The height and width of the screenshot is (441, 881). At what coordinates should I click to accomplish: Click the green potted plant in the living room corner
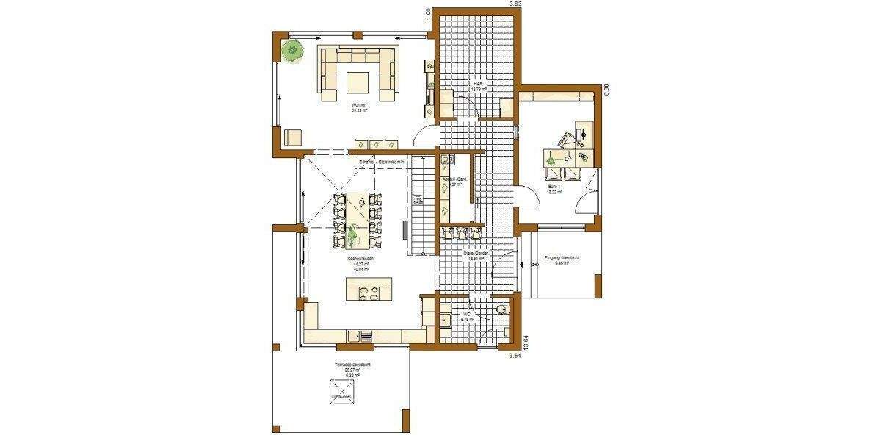[x=293, y=51]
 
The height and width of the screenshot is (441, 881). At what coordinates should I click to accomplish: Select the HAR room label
[x=478, y=84]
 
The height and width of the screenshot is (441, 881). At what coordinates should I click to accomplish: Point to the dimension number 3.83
[x=516, y=4]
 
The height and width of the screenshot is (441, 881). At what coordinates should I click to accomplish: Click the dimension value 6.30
[x=606, y=90]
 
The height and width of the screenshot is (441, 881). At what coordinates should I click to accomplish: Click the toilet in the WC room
[x=501, y=309]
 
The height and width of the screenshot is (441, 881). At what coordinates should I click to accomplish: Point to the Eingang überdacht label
[x=563, y=258]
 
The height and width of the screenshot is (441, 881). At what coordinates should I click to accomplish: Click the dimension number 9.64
[x=519, y=357]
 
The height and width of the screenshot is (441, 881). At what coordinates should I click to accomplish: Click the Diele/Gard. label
[x=477, y=254]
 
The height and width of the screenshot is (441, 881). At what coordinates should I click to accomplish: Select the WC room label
[x=465, y=315]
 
